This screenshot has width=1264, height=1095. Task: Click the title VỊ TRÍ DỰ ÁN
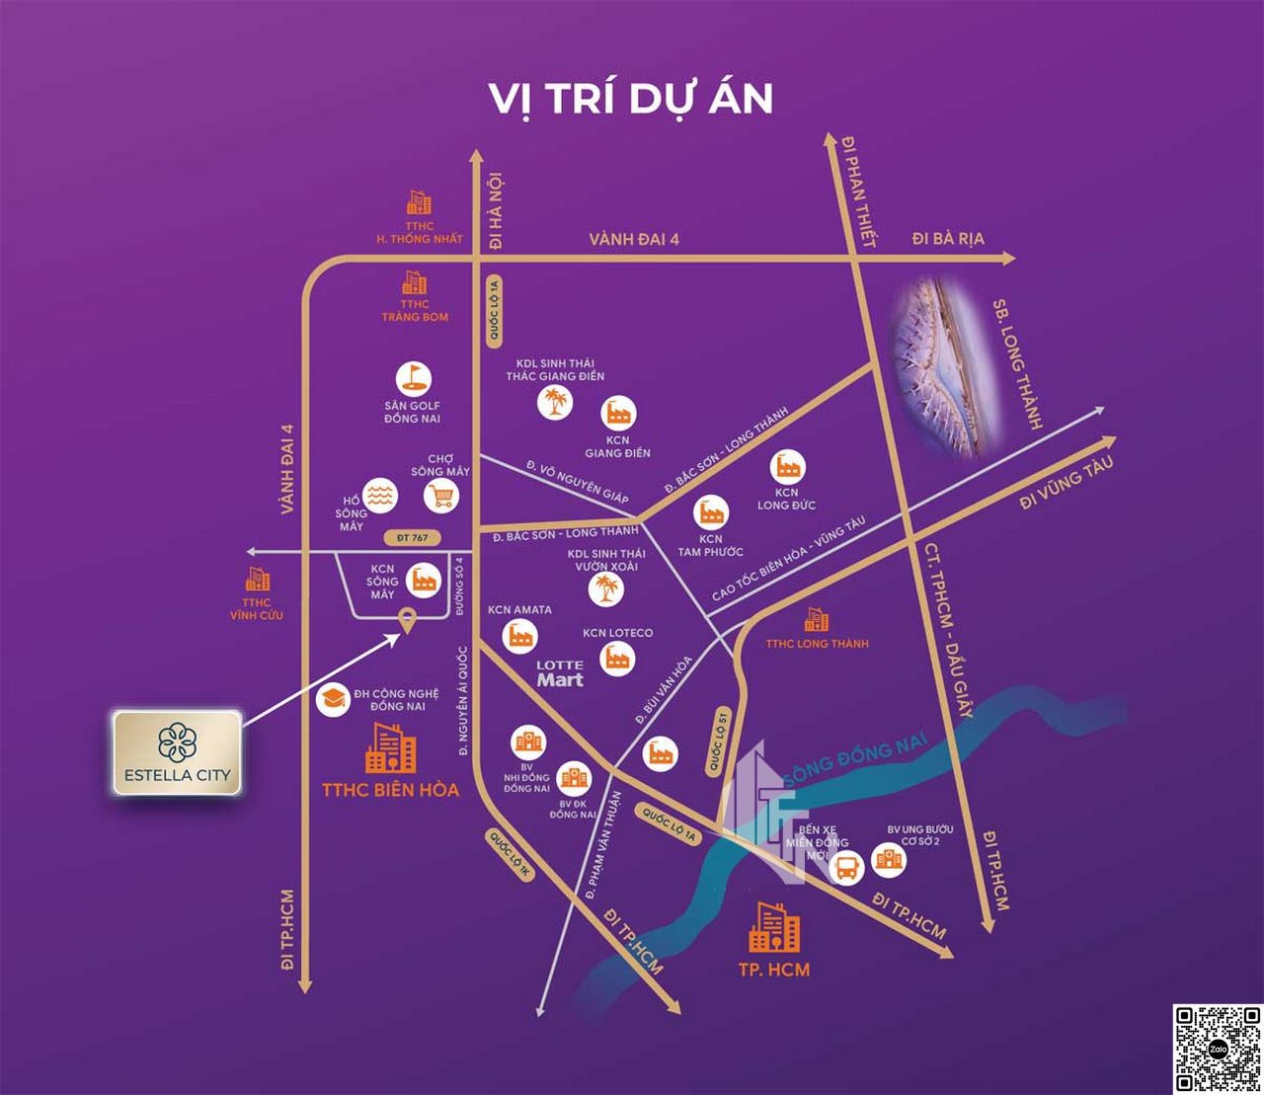(631, 99)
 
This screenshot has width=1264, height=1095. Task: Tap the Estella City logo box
(178, 752)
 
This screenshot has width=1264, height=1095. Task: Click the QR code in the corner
(1218, 1049)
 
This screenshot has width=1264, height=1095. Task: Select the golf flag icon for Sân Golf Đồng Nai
(413, 379)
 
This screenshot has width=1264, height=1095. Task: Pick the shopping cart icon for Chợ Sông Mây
(441, 495)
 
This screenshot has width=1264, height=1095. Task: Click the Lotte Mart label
(560, 673)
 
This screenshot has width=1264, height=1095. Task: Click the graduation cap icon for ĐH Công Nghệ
(333, 699)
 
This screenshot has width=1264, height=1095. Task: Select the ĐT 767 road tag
(412, 538)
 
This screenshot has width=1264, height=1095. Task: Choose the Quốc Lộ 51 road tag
(719, 740)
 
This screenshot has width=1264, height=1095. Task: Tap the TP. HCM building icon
(774, 928)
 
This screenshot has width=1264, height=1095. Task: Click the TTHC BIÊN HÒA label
(390, 790)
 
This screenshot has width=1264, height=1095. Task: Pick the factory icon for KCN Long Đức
(788, 465)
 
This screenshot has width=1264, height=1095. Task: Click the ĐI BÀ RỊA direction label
(947, 239)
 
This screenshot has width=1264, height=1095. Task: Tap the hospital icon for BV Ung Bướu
(889, 860)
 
